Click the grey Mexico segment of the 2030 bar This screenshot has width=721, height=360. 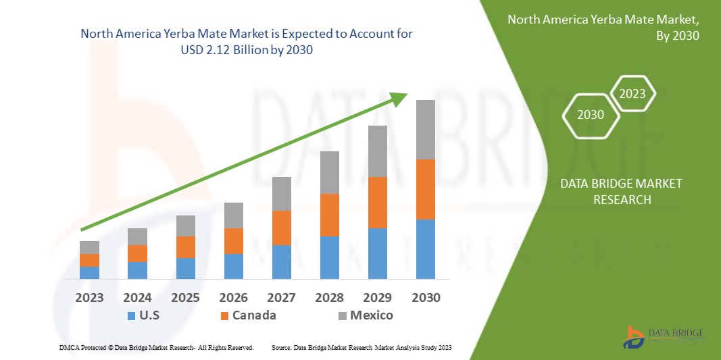(x=425, y=130)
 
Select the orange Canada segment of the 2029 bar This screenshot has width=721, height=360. (x=377, y=203)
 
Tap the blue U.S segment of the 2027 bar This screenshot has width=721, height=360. (x=282, y=262)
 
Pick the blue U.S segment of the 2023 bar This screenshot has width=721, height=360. (x=89, y=273)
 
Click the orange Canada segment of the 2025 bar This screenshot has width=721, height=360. (x=186, y=247)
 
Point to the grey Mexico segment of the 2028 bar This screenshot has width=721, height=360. (x=329, y=172)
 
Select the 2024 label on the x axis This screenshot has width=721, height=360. (x=137, y=298)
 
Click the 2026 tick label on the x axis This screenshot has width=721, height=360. (x=233, y=298)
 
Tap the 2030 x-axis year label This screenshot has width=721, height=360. (x=426, y=298)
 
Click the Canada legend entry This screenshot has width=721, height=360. (x=247, y=315)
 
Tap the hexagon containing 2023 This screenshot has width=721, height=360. (x=632, y=94)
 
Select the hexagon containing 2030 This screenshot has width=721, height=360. (x=591, y=115)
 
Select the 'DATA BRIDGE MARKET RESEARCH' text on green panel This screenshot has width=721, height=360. (x=622, y=191)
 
